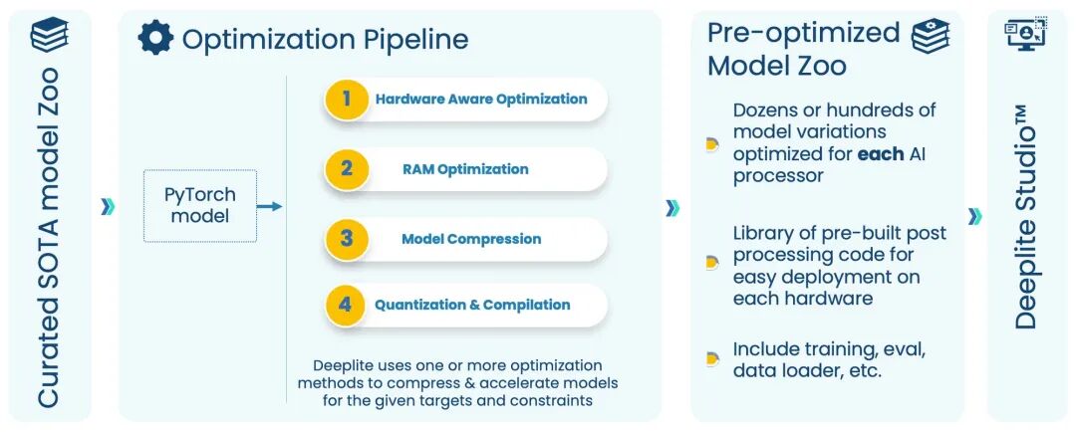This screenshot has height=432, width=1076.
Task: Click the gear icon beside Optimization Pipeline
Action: (x=155, y=38)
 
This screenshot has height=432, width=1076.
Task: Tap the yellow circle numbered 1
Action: (x=347, y=99)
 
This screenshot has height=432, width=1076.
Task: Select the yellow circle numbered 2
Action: (x=347, y=168)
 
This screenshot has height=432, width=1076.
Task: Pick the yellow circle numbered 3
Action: (x=347, y=238)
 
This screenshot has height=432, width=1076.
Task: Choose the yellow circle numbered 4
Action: (x=347, y=305)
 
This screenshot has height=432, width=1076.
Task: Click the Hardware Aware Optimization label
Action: (x=481, y=99)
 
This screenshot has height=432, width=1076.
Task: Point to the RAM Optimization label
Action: (x=465, y=169)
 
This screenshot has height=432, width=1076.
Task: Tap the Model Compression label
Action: (x=471, y=239)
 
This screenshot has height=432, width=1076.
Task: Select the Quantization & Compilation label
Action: (x=472, y=305)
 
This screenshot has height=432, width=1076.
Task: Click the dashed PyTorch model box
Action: (x=200, y=206)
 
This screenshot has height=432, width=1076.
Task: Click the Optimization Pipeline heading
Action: (x=325, y=39)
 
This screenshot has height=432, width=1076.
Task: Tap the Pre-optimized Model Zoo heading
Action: (x=803, y=49)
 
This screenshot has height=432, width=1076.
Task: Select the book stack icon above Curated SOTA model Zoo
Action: (x=49, y=35)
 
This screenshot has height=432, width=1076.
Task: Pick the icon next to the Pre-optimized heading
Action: (x=931, y=34)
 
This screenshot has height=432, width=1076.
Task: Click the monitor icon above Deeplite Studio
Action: (x=1025, y=34)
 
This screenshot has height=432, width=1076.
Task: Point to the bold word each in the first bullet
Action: (x=882, y=154)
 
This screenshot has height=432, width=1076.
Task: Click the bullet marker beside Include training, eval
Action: (x=711, y=359)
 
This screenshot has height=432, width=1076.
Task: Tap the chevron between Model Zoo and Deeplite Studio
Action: (x=974, y=216)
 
